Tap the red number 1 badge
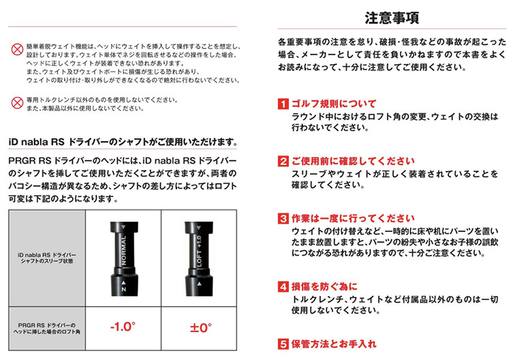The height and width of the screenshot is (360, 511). click(283, 104)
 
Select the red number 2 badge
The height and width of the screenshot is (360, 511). click(283, 162)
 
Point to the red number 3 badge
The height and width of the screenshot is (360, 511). click(283, 219)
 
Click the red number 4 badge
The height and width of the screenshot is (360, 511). click(283, 286)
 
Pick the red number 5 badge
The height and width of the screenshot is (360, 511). click(283, 344)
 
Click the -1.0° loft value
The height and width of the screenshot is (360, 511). click(123, 327)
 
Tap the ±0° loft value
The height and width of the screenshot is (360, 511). click(198, 327)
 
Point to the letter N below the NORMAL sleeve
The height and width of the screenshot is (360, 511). click(123, 289)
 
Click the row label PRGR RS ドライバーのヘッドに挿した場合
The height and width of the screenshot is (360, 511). click(47, 327)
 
